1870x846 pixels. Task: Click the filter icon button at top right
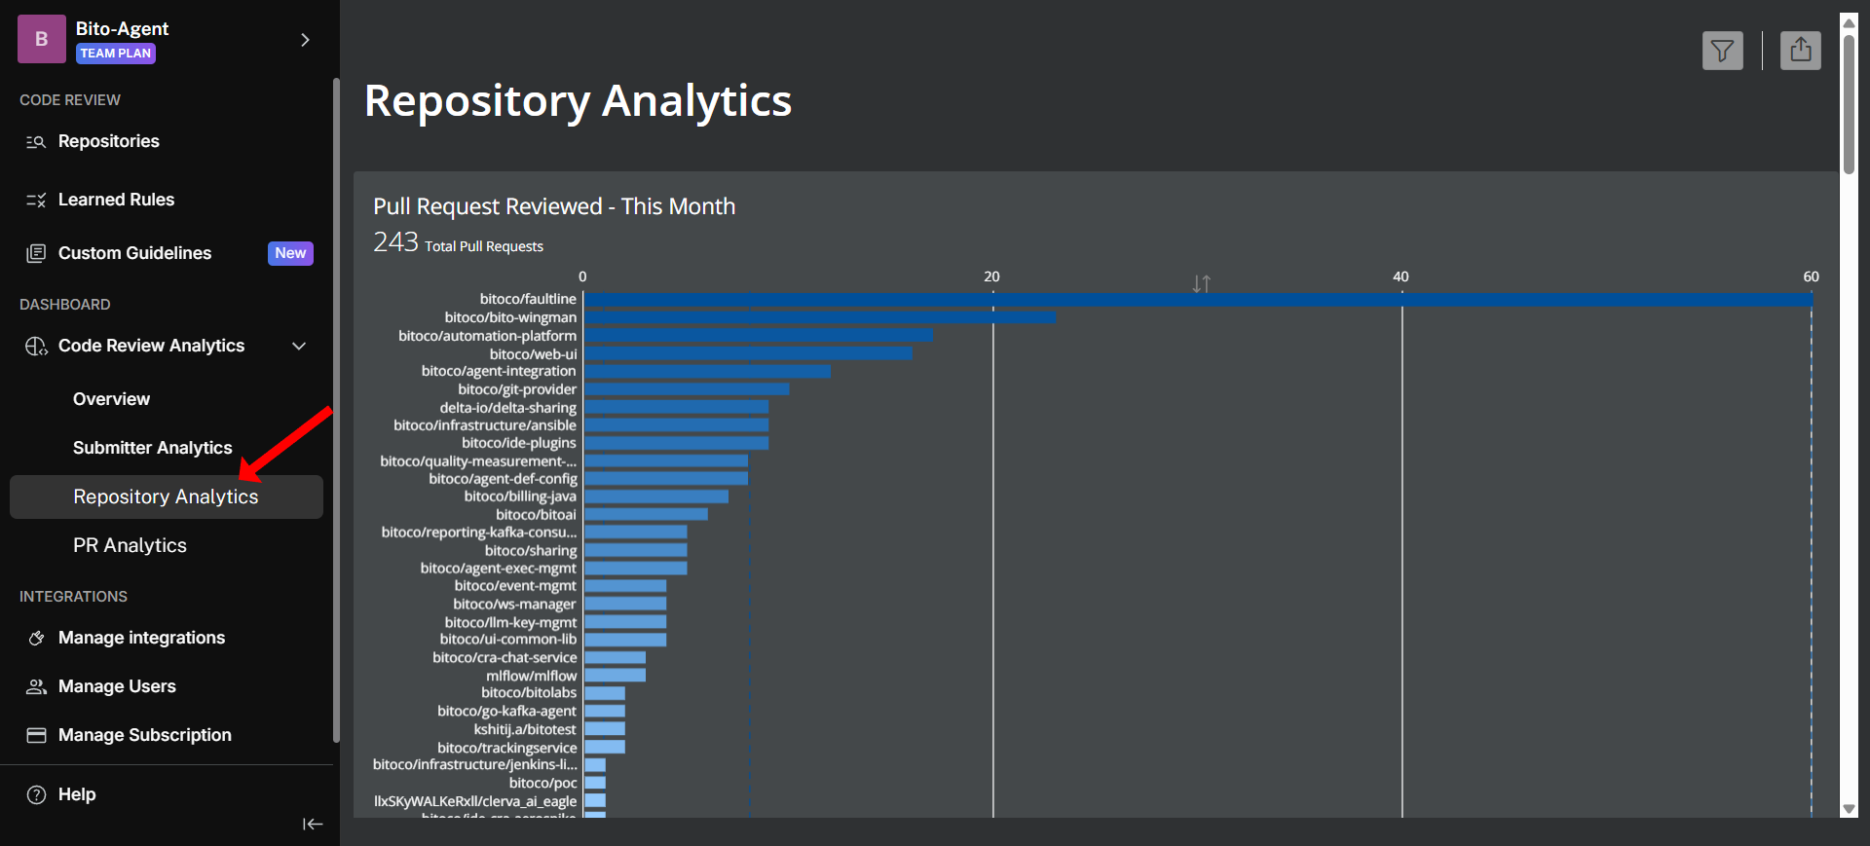pyautogui.click(x=1722, y=51)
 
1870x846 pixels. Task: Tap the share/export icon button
pyautogui.click(x=1800, y=50)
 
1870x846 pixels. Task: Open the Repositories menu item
pyautogui.click(x=108, y=141)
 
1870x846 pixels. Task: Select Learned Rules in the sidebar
pyautogui.click(x=116, y=200)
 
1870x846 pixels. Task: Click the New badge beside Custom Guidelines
pyautogui.click(x=290, y=253)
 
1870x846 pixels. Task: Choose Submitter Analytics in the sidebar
pyautogui.click(x=152, y=448)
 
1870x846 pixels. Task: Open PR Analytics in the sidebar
pyautogui.click(x=130, y=545)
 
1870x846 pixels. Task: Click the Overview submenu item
pyautogui.click(x=111, y=399)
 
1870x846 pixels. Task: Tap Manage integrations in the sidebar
pyautogui.click(x=141, y=638)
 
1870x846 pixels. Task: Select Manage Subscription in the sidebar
pyautogui.click(x=144, y=735)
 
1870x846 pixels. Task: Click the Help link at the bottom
pyautogui.click(x=76, y=794)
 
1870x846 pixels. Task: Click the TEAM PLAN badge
pyautogui.click(x=115, y=54)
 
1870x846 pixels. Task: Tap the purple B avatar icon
pyautogui.click(x=42, y=39)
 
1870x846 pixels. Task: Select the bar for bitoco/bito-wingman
pyautogui.click(x=818, y=317)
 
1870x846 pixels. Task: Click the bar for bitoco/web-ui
pyautogui.click(x=748, y=353)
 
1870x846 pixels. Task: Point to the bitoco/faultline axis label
pyautogui.click(x=528, y=299)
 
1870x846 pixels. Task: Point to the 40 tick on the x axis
pyautogui.click(x=1401, y=276)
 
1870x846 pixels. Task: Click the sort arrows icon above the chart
pyautogui.click(x=1201, y=283)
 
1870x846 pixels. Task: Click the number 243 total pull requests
pyautogui.click(x=395, y=242)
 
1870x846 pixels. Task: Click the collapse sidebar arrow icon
pyautogui.click(x=312, y=824)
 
